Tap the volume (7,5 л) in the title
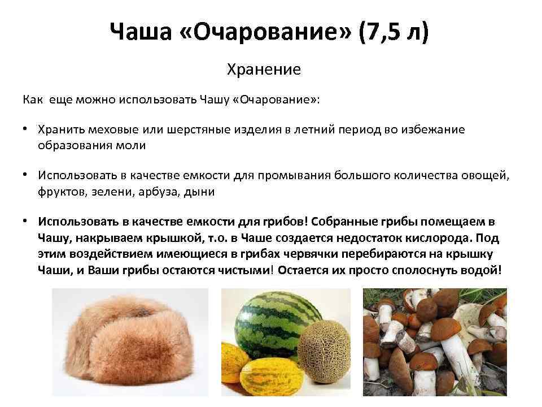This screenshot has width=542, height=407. click(394, 33)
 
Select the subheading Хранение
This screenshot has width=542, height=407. click(264, 70)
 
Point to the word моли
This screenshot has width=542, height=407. click(134, 145)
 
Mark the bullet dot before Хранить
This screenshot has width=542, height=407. click(26, 129)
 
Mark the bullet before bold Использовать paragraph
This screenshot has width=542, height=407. click(26, 221)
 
